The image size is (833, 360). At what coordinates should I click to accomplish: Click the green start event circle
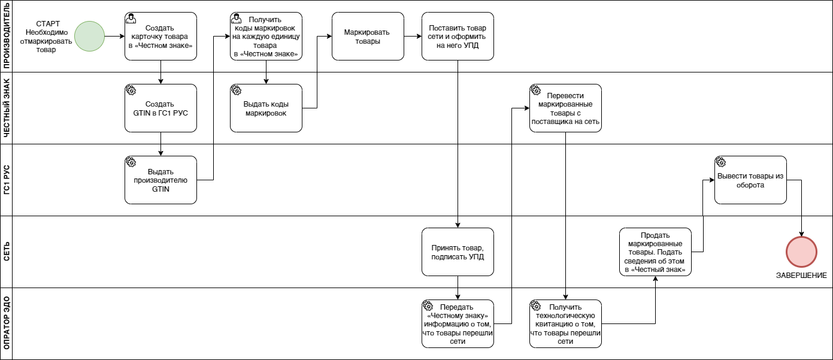90,36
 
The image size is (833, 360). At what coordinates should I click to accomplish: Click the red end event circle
801,252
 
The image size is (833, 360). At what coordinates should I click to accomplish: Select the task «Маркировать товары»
368,36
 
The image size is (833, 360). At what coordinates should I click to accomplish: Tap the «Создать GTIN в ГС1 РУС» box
160,108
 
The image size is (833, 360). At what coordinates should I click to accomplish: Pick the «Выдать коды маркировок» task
266,108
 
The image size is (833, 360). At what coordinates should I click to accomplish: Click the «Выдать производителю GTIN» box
160,180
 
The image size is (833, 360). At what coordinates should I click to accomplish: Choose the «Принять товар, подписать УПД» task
458,252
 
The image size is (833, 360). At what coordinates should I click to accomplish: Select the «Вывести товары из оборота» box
750,180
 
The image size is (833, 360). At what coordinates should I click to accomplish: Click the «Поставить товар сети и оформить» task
458,36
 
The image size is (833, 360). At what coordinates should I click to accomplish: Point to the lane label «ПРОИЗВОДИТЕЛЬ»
7,36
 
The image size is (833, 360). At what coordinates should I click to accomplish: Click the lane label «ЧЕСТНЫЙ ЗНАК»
7,108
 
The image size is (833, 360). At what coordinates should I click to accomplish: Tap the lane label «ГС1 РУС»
7,180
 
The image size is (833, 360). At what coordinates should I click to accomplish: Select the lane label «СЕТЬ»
7,252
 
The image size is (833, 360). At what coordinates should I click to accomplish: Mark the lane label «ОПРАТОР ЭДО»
7,323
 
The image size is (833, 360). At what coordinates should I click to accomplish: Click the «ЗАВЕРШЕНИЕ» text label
801,275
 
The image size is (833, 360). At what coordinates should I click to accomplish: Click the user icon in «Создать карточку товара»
131,18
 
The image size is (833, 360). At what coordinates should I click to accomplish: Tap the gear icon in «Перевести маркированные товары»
535,90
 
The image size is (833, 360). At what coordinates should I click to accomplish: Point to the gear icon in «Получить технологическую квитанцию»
535,305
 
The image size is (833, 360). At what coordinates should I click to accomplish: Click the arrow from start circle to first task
114,36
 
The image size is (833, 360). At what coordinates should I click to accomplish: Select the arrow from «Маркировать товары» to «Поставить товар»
413,36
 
